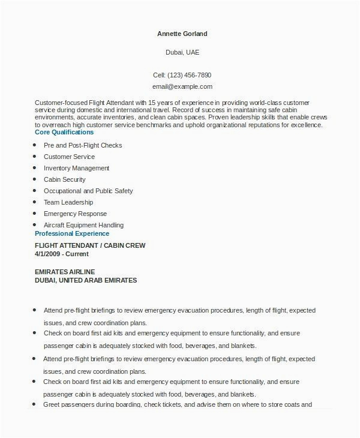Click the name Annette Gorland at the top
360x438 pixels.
182,34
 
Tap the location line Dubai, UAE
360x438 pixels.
182,52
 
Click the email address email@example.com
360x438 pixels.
182,86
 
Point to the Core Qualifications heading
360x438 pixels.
64,132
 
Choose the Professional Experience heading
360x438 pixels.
71,233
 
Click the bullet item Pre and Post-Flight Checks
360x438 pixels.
83,145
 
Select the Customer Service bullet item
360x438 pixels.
69,157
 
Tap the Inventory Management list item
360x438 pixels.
76,168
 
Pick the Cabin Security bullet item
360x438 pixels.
65,179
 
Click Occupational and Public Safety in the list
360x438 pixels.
88,191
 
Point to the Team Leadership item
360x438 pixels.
68,202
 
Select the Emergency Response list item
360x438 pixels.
75,214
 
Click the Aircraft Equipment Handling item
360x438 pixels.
83,225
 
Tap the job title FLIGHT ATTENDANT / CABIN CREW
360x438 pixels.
90,245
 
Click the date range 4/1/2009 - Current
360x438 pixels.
62,254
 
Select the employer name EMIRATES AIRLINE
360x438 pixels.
65,272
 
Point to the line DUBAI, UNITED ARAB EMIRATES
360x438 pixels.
86,280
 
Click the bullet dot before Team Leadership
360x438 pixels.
37,202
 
